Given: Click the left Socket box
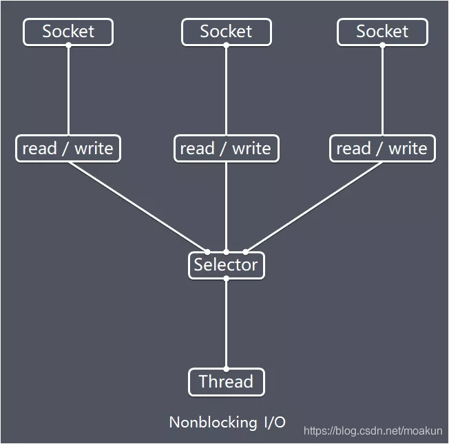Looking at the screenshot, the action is tap(68, 32).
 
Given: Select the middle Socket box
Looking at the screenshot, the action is tap(226, 32).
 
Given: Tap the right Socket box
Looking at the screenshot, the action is tap(382, 32).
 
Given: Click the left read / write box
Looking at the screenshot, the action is tap(68, 149).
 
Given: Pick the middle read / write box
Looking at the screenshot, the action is tap(226, 149).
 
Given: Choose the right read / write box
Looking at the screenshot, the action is tap(382, 149).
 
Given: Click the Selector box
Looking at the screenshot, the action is tap(226, 265).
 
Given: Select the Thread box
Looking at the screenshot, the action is tap(226, 381).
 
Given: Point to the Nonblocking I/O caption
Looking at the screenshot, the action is tap(227, 422).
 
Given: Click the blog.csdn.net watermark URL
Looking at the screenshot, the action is tap(374, 431).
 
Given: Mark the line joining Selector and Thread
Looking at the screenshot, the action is tap(226, 324).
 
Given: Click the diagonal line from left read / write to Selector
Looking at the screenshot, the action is tap(138, 207).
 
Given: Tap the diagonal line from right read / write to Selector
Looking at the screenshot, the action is tap(314, 207).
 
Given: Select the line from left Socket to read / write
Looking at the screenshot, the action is tap(68, 89).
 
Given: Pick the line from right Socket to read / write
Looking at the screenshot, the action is tap(382, 89).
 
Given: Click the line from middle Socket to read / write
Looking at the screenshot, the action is tap(226, 89).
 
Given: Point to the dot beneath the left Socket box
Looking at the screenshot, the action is tap(68, 45).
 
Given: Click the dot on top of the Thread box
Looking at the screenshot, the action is tap(226, 368).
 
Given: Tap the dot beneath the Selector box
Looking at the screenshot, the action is tap(226, 279).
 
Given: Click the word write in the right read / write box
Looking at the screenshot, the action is tap(408, 149).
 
